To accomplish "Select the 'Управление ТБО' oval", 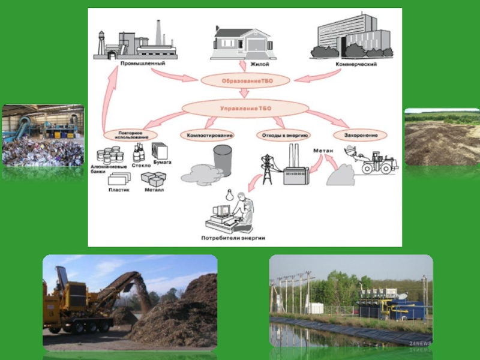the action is [x=245, y=108].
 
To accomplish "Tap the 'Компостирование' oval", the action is [x=209, y=136].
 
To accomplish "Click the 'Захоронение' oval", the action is [x=359, y=136].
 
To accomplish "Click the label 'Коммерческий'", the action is [x=356, y=64].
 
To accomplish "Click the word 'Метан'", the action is [x=323, y=151].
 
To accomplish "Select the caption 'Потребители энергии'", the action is [x=233, y=238].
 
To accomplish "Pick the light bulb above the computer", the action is [x=228, y=194].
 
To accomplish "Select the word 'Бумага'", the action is [x=162, y=162].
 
